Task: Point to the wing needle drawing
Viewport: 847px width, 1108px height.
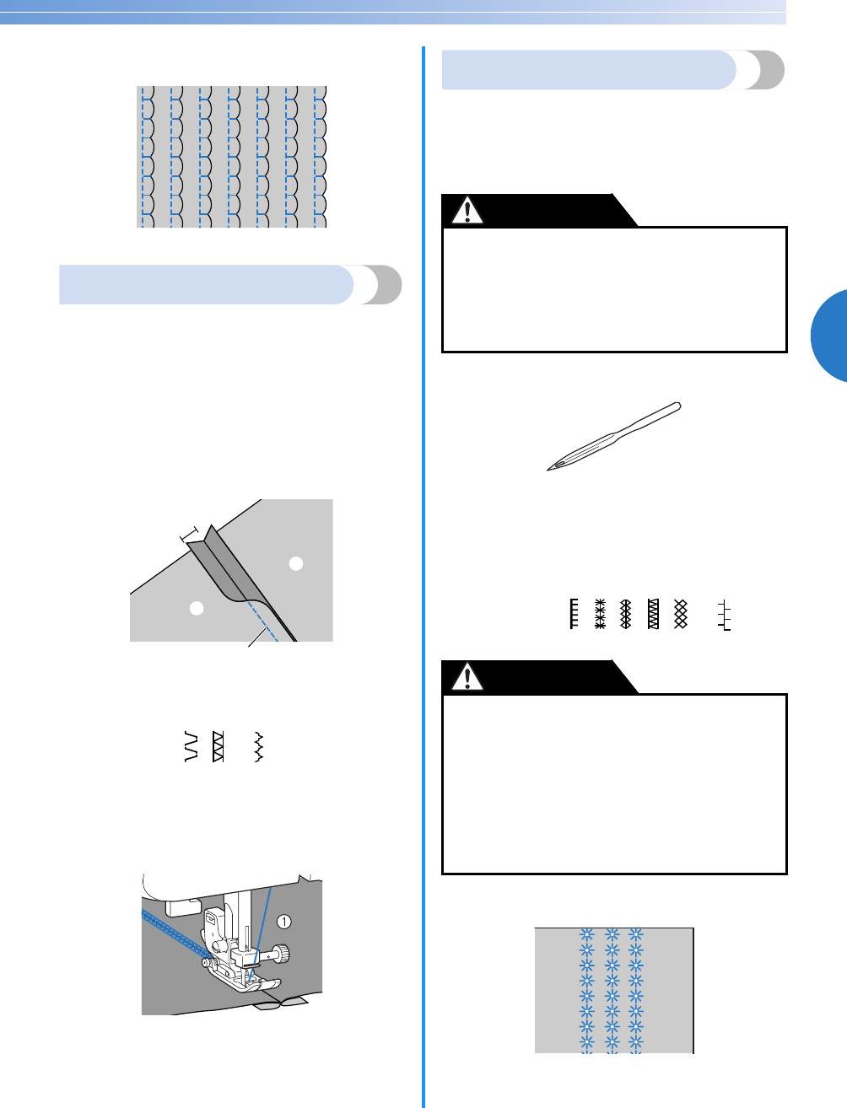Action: (x=613, y=436)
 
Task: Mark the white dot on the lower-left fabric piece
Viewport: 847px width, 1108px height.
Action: (x=197, y=608)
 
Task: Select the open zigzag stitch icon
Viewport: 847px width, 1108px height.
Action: (x=193, y=747)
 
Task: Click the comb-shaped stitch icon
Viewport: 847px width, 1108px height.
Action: (x=573, y=615)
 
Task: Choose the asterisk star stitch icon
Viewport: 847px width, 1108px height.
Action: (x=600, y=615)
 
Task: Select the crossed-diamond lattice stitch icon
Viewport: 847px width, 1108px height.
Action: (x=681, y=615)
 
